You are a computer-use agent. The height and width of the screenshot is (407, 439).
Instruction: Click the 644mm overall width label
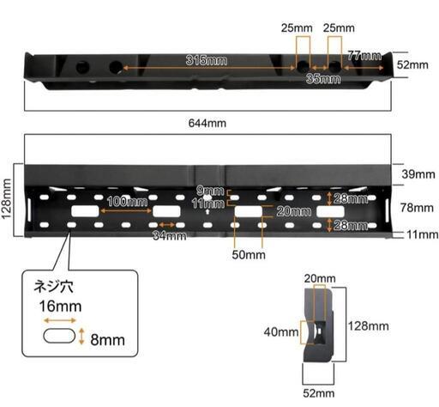[x=207, y=124]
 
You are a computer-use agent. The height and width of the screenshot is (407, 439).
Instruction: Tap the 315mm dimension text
[x=207, y=60]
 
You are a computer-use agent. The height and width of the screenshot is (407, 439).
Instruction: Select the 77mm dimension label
[x=364, y=55]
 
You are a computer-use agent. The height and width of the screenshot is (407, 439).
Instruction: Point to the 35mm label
[x=323, y=79]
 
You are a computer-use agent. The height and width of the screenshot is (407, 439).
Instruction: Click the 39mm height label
[x=418, y=174]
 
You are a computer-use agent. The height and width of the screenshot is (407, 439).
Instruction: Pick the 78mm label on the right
[x=417, y=208]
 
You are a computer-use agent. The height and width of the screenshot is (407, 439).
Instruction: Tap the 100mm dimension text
[x=127, y=202]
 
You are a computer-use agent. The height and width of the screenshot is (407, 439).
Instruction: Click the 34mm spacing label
[x=170, y=236]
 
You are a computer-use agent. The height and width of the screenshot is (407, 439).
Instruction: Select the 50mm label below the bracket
[x=249, y=255]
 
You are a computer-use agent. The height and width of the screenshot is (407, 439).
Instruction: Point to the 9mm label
[x=210, y=191]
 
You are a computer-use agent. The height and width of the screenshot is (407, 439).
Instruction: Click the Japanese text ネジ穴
[x=53, y=286]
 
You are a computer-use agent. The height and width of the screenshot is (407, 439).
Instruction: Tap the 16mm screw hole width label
[x=60, y=306]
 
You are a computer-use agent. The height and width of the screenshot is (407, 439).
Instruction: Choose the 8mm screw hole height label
[x=107, y=340]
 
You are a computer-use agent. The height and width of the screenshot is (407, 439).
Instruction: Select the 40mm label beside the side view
[x=281, y=332]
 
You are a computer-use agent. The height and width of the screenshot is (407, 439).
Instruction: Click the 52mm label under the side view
[x=319, y=393]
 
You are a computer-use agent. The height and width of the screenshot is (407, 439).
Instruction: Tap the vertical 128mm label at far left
[x=6, y=199]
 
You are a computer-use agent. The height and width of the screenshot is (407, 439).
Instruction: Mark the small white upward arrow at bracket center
[x=207, y=212]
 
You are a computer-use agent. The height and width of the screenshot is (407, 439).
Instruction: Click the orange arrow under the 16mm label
[x=60, y=320]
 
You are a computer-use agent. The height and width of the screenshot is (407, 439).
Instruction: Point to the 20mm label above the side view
[x=320, y=278]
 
